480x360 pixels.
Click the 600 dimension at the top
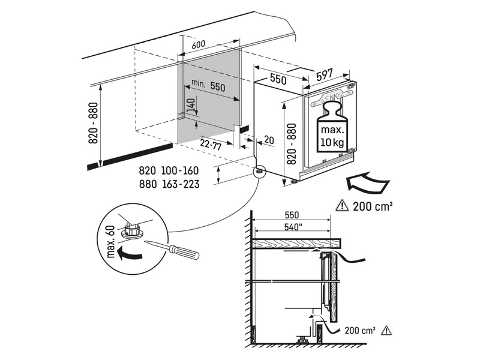199,44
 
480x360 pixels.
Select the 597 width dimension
323,74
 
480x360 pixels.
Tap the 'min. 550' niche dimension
208,85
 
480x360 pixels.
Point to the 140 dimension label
191,105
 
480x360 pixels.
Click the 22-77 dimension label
211,144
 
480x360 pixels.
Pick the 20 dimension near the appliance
269,140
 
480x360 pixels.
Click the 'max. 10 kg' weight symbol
332,127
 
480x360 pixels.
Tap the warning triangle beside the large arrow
342,205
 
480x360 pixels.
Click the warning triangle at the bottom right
387,331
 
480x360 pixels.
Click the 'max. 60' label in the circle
110,242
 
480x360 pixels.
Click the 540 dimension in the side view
292,227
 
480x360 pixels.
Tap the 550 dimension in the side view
292,215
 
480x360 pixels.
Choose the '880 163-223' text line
169,184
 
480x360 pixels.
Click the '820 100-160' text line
169,170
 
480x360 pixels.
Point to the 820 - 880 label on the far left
94,123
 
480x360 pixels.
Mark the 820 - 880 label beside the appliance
292,144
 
